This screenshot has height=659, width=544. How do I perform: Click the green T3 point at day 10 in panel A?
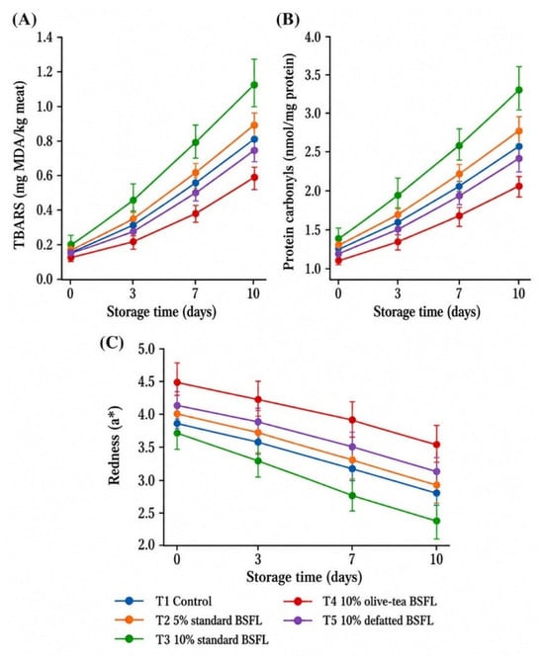coord(253,85)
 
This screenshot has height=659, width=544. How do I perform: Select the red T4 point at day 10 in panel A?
coord(253,177)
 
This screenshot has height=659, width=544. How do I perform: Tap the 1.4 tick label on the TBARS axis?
coord(45,38)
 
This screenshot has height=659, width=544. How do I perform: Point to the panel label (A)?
coord(25,20)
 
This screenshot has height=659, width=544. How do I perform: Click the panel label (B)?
coord(288,20)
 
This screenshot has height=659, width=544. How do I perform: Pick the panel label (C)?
coord(112,343)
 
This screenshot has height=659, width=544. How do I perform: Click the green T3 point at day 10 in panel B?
coord(518,90)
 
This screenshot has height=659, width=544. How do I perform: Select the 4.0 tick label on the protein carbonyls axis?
coord(312,38)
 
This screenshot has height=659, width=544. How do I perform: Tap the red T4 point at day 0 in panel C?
coord(177,382)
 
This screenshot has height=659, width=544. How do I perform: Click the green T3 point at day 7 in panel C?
coord(352,496)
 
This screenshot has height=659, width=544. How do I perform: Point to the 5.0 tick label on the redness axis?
coord(146,349)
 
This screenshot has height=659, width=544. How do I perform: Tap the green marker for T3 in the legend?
coord(130,639)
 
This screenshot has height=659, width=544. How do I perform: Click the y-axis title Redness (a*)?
coord(114,445)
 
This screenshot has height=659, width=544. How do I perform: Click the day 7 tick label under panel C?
coord(352,559)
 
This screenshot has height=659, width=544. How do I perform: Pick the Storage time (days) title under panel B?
coord(426,312)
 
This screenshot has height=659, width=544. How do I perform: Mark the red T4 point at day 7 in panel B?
coord(459,215)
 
